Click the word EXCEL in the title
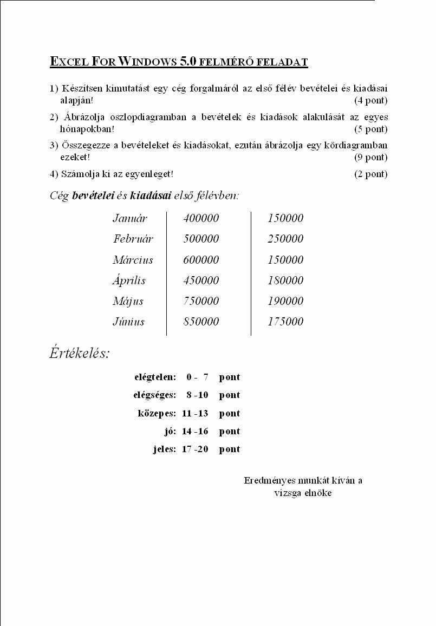point(69,62)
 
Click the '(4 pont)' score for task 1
point(371,100)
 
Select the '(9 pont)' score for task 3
point(371,157)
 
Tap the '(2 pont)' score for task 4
point(371,174)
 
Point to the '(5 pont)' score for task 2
point(371,129)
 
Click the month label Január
point(130,218)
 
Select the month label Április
point(129,281)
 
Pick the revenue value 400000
point(201,218)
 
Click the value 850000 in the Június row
point(201,322)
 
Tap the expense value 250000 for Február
point(285,239)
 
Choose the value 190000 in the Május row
point(285,301)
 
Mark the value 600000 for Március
point(201,260)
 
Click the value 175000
point(285,322)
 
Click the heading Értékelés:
point(80,354)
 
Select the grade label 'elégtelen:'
point(155,377)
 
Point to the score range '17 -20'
point(195,449)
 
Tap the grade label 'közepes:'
point(157,413)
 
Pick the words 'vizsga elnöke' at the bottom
point(303,493)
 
